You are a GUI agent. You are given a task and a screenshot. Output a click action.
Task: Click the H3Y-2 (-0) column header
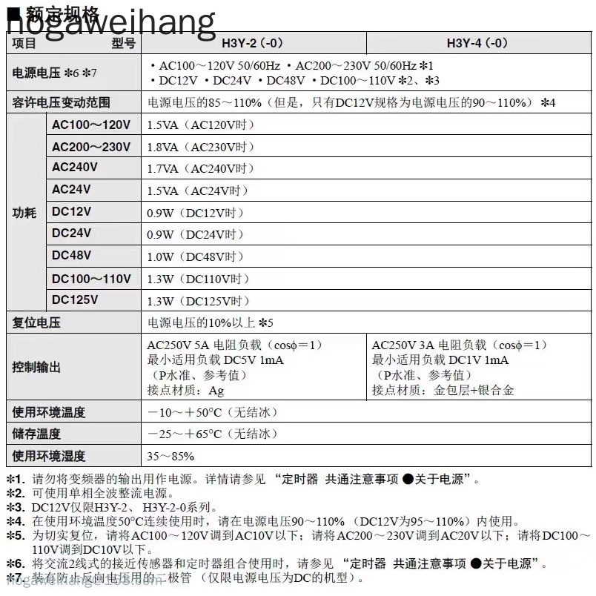point(253,43)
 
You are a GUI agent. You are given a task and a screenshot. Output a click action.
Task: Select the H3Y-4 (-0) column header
point(477,43)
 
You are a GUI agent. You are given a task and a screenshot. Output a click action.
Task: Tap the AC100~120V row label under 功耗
point(90,125)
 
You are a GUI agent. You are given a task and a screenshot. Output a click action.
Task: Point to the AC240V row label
point(74,168)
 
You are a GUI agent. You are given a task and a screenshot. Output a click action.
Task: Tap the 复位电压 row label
point(36,323)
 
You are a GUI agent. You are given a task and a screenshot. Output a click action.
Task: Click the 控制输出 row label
point(36,367)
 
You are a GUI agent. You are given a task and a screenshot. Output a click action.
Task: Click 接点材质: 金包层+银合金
point(443,390)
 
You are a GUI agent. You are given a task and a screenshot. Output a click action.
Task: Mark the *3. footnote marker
point(16,508)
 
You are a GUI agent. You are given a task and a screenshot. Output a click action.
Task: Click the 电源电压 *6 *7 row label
point(55,73)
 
